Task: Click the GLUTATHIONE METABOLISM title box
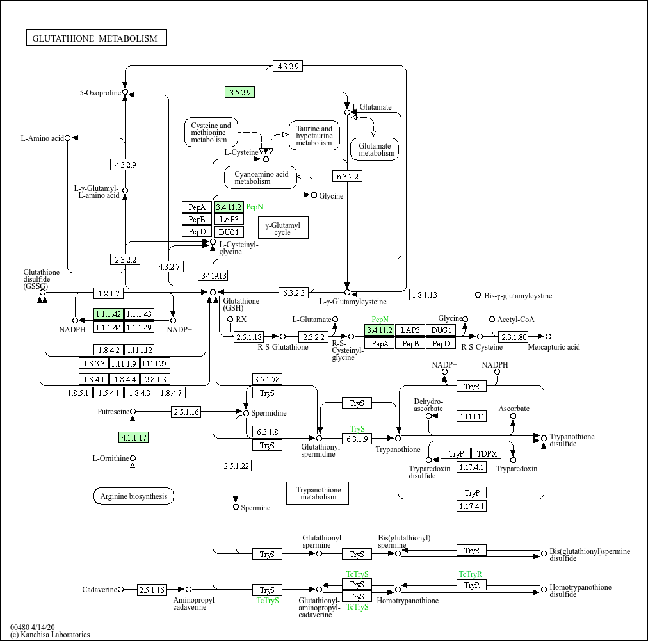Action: click(x=95, y=38)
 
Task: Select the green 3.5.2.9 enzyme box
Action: click(x=240, y=92)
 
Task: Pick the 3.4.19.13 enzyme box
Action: click(x=213, y=275)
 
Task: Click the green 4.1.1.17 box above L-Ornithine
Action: click(x=133, y=438)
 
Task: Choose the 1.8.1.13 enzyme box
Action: click(x=425, y=295)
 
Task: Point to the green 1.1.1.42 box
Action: click(x=108, y=314)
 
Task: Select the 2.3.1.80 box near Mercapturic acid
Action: click(x=514, y=336)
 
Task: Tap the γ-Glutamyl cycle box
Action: click(x=282, y=228)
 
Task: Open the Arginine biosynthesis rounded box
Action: click(x=133, y=496)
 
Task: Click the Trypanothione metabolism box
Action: click(x=318, y=493)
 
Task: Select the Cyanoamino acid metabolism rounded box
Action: click(x=261, y=177)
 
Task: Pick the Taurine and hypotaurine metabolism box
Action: click(x=314, y=136)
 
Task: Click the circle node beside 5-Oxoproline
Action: click(x=126, y=92)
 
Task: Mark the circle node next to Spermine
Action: click(x=236, y=507)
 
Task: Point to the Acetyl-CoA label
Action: click(x=516, y=319)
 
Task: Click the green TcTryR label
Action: click(x=470, y=574)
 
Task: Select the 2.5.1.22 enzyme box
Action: click(x=236, y=466)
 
